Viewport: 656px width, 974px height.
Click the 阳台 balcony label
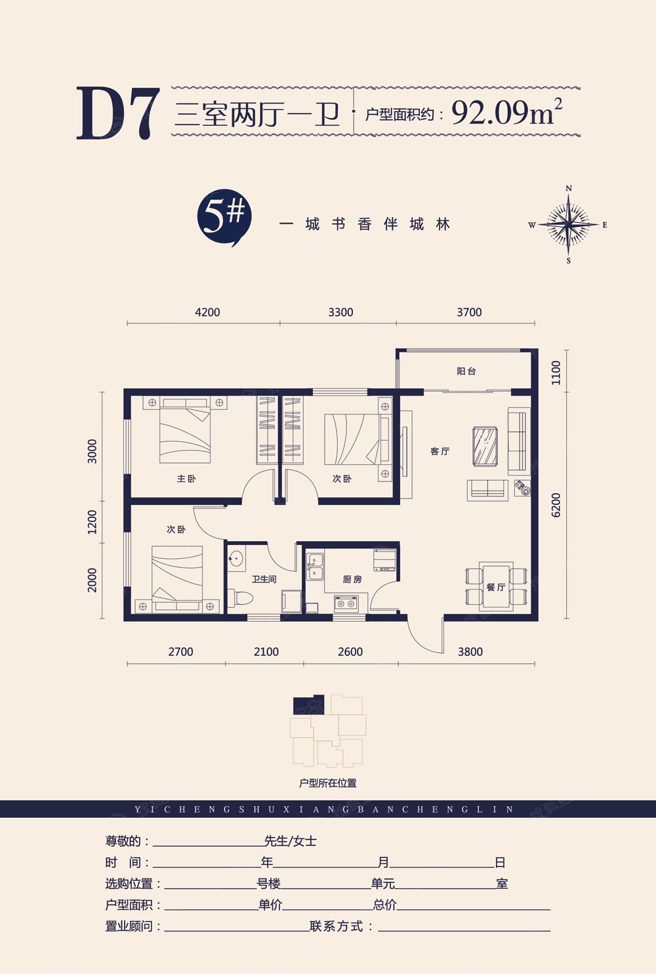click(466, 371)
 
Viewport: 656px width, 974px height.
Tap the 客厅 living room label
click(440, 451)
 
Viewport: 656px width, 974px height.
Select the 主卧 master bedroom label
click(186, 479)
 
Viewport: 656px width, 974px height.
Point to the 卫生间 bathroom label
click(264, 579)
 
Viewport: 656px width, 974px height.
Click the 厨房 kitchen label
click(352, 579)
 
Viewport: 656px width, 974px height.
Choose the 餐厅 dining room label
click(496, 587)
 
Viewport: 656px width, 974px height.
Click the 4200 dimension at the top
click(207, 312)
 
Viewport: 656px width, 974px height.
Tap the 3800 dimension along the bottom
click(470, 652)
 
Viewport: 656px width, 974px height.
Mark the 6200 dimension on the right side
click(556, 505)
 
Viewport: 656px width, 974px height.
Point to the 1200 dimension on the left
click(92, 522)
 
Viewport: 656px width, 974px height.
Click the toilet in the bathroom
click(239, 599)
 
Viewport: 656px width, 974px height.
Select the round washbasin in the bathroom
click(236, 559)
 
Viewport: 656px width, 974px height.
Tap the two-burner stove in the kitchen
click(346, 603)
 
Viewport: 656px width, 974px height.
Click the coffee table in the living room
click(485, 447)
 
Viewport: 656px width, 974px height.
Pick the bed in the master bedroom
click(185, 430)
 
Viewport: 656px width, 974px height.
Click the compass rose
click(568, 225)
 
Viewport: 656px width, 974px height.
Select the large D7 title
click(118, 113)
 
